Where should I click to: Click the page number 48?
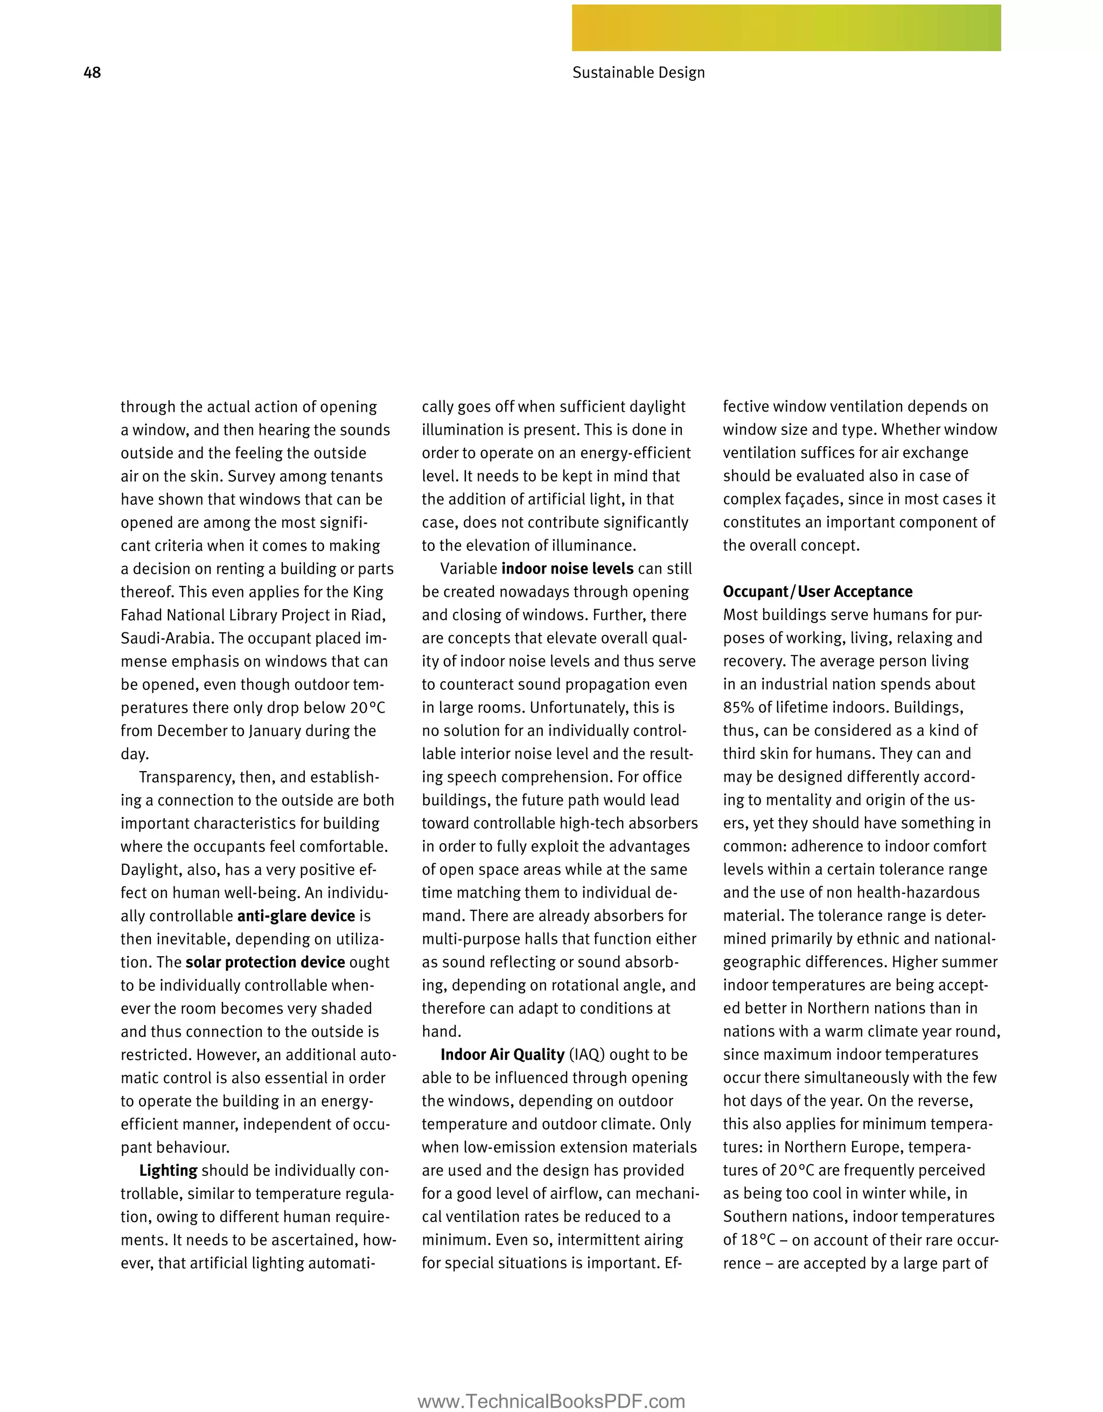[92, 73]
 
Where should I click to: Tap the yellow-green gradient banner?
[785, 28]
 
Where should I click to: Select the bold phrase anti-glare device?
[296, 916]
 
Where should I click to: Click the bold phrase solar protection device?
[264, 962]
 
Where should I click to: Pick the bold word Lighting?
[168, 1171]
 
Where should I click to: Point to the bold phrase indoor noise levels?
[567, 569]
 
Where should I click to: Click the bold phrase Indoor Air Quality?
[502, 1055]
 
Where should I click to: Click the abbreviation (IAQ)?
[587, 1055]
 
